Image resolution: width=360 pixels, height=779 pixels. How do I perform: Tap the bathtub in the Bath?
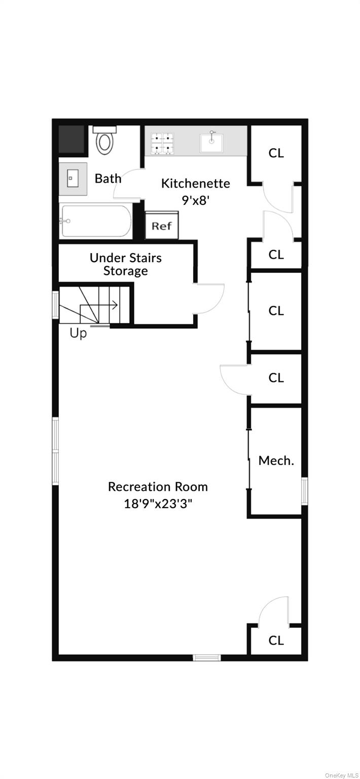pos(96,221)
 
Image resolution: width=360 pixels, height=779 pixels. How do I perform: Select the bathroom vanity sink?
pos(73,179)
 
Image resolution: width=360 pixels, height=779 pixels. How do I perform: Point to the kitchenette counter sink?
pos(211,143)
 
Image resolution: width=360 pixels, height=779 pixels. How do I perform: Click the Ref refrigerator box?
pos(162,225)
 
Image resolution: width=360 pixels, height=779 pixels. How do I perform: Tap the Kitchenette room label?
pos(196,183)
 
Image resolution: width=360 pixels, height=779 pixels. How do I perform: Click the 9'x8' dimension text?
pos(196,200)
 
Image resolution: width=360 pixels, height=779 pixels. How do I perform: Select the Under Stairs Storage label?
pos(126,264)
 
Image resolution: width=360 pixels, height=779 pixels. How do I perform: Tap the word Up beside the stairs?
pos(78,333)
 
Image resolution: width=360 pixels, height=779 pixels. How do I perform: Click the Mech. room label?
pos(276,461)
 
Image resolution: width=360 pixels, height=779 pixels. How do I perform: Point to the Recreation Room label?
pos(158,486)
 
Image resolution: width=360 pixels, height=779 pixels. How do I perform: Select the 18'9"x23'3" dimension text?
pos(158,504)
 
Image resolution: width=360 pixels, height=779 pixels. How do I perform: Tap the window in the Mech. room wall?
pos(304,491)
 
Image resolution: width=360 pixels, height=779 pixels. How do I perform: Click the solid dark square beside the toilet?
pos(71,139)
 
